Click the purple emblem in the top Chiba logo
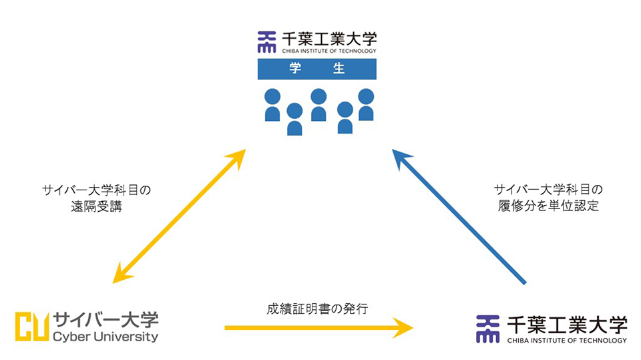coord(266,42)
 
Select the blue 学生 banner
coord(316,69)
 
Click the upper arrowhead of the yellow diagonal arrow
coord(236,158)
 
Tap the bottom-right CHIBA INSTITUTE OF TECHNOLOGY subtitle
coord(567,340)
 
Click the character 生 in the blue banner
coord(341,69)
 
